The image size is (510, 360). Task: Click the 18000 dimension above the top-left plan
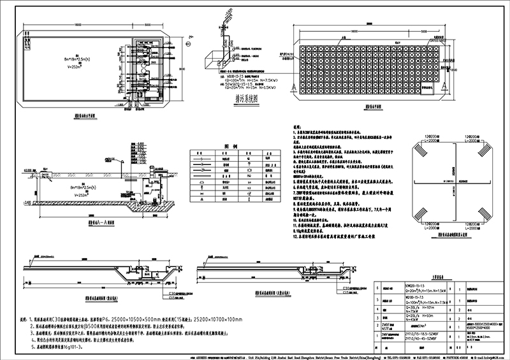point(77,25)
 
